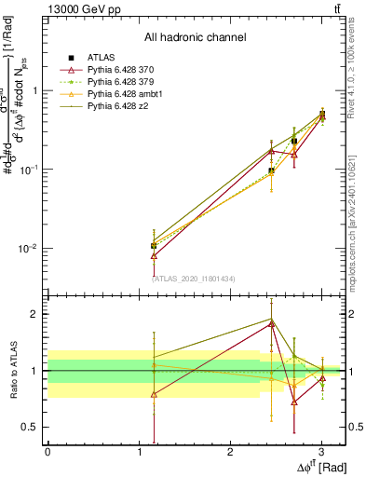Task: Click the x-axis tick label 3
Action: (321, 451)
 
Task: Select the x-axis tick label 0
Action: (47, 451)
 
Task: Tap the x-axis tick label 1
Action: (139, 451)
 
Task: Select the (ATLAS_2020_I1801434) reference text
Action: (195, 279)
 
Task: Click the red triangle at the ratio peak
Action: (272, 324)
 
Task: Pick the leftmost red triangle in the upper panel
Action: (154, 255)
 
